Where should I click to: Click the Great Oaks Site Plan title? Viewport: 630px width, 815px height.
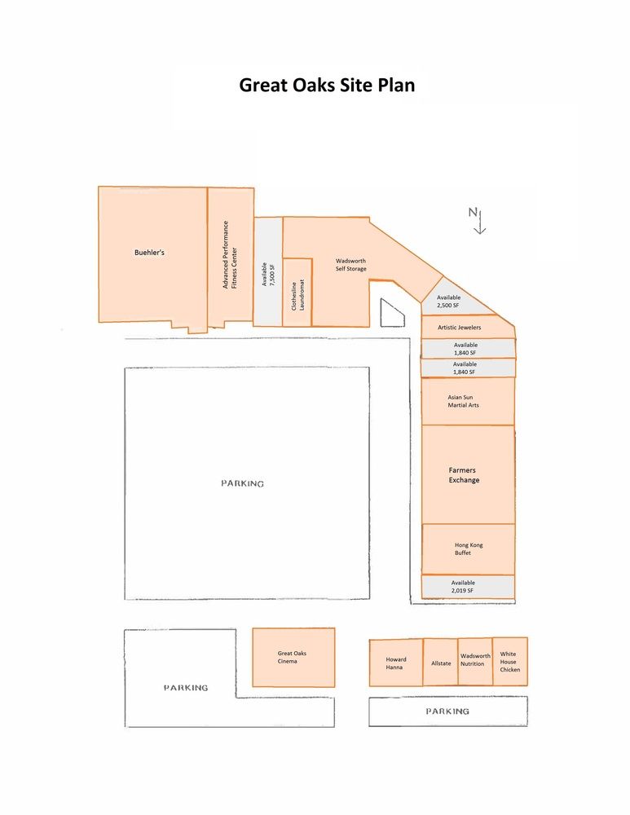click(x=327, y=85)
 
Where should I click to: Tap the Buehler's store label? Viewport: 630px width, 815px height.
click(x=149, y=253)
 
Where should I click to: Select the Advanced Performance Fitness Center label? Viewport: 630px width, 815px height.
click(x=229, y=254)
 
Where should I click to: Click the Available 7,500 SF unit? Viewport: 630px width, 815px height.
click(x=267, y=272)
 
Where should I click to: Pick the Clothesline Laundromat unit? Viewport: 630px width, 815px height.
click(x=297, y=293)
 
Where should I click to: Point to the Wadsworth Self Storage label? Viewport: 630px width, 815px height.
click(x=351, y=265)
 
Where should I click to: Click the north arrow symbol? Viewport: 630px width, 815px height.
click(x=477, y=220)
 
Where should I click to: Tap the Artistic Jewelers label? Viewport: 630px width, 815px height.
click(x=460, y=328)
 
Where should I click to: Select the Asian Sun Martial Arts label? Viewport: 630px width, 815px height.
click(x=463, y=401)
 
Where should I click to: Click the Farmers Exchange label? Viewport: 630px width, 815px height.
click(x=464, y=474)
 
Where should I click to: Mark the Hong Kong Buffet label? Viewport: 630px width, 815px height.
click(x=469, y=548)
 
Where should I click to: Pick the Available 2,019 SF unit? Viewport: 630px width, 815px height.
click(x=468, y=587)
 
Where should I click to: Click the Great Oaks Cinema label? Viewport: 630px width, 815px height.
click(x=292, y=657)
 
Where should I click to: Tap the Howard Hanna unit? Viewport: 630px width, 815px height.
click(x=396, y=663)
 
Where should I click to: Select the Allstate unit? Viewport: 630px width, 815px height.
click(x=441, y=662)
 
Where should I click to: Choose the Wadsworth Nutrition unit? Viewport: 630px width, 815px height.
click(x=476, y=662)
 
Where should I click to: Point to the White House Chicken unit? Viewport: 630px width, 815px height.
click(x=510, y=661)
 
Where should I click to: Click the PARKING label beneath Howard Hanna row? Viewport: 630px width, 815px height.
click(x=447, y=711)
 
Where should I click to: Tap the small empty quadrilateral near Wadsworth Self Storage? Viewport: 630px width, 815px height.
click(x=391, y=314)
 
